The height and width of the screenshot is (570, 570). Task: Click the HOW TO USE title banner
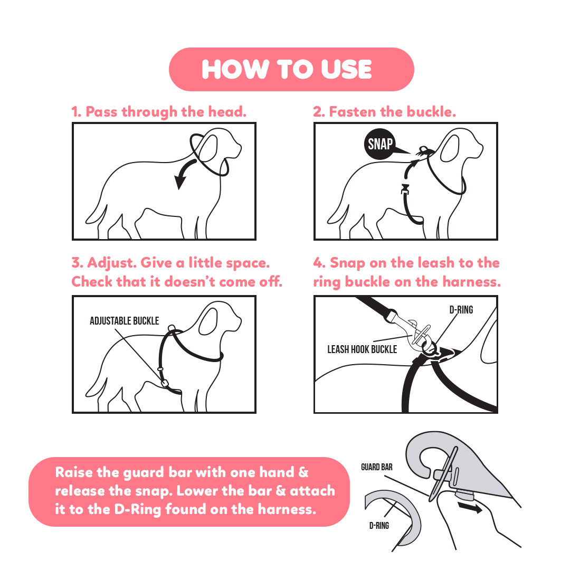coord(291,69)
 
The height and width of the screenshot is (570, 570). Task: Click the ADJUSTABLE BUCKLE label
coord(125,321)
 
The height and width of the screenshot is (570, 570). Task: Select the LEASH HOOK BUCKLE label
coord(362,349)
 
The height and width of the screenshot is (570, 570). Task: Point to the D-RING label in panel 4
coord(461,310)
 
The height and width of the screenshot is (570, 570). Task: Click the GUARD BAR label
coord(377,467)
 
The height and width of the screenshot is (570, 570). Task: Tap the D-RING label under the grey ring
coord(379,526)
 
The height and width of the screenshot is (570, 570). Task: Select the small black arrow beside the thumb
coord(470,508)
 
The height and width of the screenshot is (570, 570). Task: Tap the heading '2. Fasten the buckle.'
coord(385,112)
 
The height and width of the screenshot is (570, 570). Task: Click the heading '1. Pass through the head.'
coord(159,112)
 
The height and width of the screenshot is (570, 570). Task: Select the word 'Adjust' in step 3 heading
coord(110,263)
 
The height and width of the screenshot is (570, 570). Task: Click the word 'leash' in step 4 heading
coord(436,263)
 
